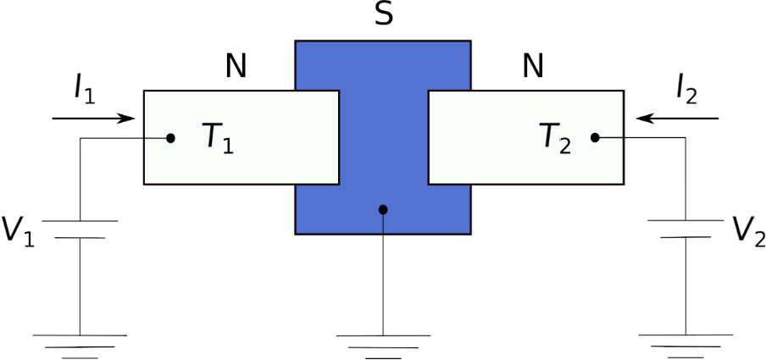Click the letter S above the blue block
[384, 14]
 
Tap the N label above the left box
[236, 66]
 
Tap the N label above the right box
[533, 66]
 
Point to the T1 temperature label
[219, 137]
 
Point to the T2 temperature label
[556, 137]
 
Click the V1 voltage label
[18, 230]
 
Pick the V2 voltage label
[748, 230]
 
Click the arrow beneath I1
[93, 119]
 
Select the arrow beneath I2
[678, 119]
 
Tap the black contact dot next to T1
[170, 138]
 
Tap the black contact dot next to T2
[595, 138]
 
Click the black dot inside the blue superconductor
[384, 209]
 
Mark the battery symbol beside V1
[80, 230]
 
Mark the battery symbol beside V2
[686, 229]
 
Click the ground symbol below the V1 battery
[80, 346]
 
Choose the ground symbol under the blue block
[384, 347]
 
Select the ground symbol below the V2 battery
[686, 346]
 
